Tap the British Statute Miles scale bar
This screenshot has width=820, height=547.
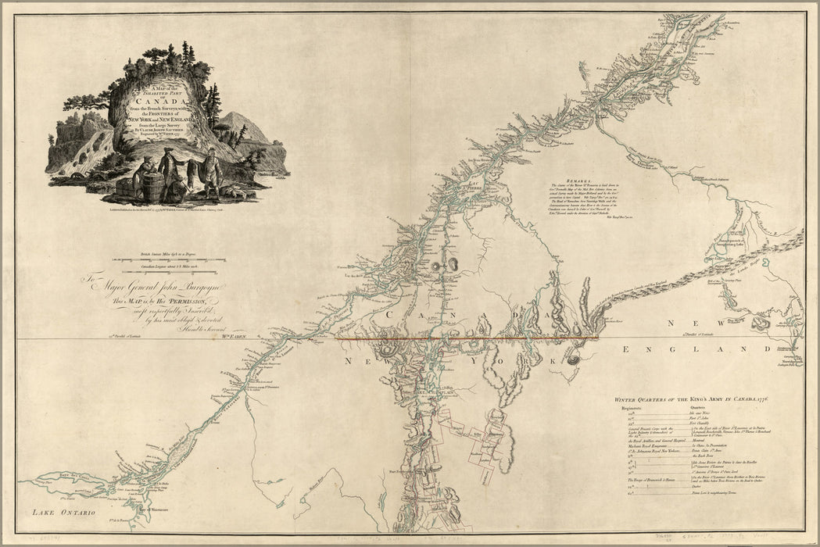coord(169,259)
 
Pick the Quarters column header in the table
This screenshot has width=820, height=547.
coord(699,408)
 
